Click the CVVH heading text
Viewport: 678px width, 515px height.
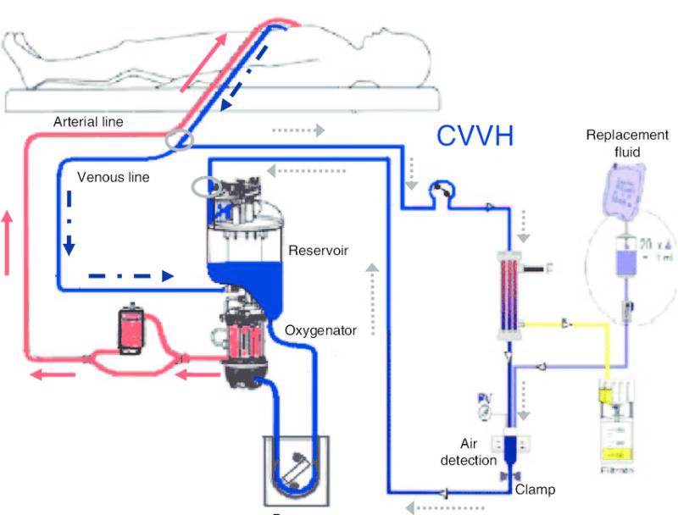(x=475, y=136)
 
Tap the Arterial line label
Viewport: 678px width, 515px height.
(x=88, y=122)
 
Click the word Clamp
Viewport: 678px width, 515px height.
(x=535, y=490)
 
